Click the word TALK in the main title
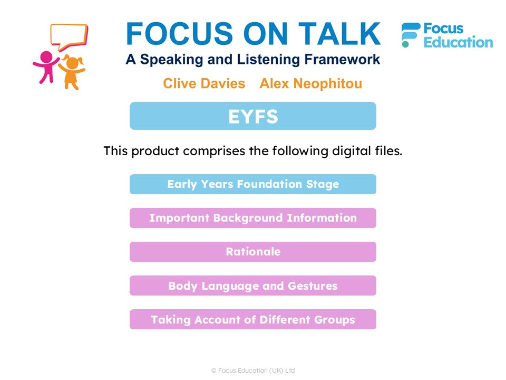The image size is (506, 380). click(x=339, y=34)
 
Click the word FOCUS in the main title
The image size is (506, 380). click(x=179, y=34)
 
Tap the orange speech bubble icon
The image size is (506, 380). click(x=69, y=37)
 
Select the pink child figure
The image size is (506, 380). click(x=46, y=67)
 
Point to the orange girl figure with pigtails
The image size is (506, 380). click(x=72, y=72)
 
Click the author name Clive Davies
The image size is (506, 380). click(x=204, y=83)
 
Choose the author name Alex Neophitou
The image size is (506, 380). click(x=311, y=83)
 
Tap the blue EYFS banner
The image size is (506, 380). click(x=253, y=116)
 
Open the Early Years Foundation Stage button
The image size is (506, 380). click(x=253, y=184)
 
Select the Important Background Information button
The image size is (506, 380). click(x=253, y=218)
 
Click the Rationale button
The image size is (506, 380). click(x=253, y=252)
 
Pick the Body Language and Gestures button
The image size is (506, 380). click(x=253, y=286)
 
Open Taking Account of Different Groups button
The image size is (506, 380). click(x=253, y=320)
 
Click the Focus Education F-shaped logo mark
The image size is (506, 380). click(x=410, y=35)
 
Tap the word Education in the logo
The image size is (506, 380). click(x=458, y=42)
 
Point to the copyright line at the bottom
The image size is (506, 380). click(x=253, y=370)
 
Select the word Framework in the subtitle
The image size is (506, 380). click(x=342, y=59)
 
